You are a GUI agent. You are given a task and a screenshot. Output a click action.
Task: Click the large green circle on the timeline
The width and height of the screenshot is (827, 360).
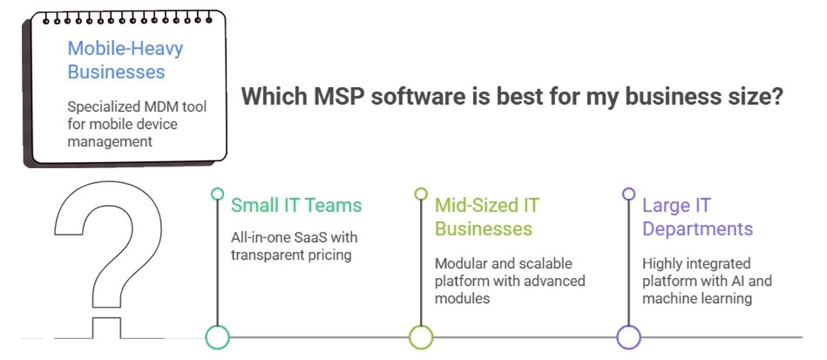pos(217,337)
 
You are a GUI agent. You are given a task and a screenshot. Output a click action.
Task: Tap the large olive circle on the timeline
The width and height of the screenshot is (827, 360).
pos(421,337)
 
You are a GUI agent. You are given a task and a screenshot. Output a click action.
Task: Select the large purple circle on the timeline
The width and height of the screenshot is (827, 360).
pos(628,337)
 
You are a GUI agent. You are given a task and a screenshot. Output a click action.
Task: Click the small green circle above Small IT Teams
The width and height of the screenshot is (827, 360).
pos(217,194)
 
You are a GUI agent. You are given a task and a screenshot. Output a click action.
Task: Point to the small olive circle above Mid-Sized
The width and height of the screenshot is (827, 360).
pos(421,194)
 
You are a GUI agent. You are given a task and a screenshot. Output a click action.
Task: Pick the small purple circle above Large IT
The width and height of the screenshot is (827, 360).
pos(628,194)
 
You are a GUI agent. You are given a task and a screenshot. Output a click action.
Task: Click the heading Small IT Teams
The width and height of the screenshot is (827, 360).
pos(295,206)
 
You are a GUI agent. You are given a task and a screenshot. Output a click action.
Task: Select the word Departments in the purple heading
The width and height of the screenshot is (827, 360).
pos(697,229)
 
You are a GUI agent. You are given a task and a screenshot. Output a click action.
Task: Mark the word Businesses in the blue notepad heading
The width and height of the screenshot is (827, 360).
pos(115,71)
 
